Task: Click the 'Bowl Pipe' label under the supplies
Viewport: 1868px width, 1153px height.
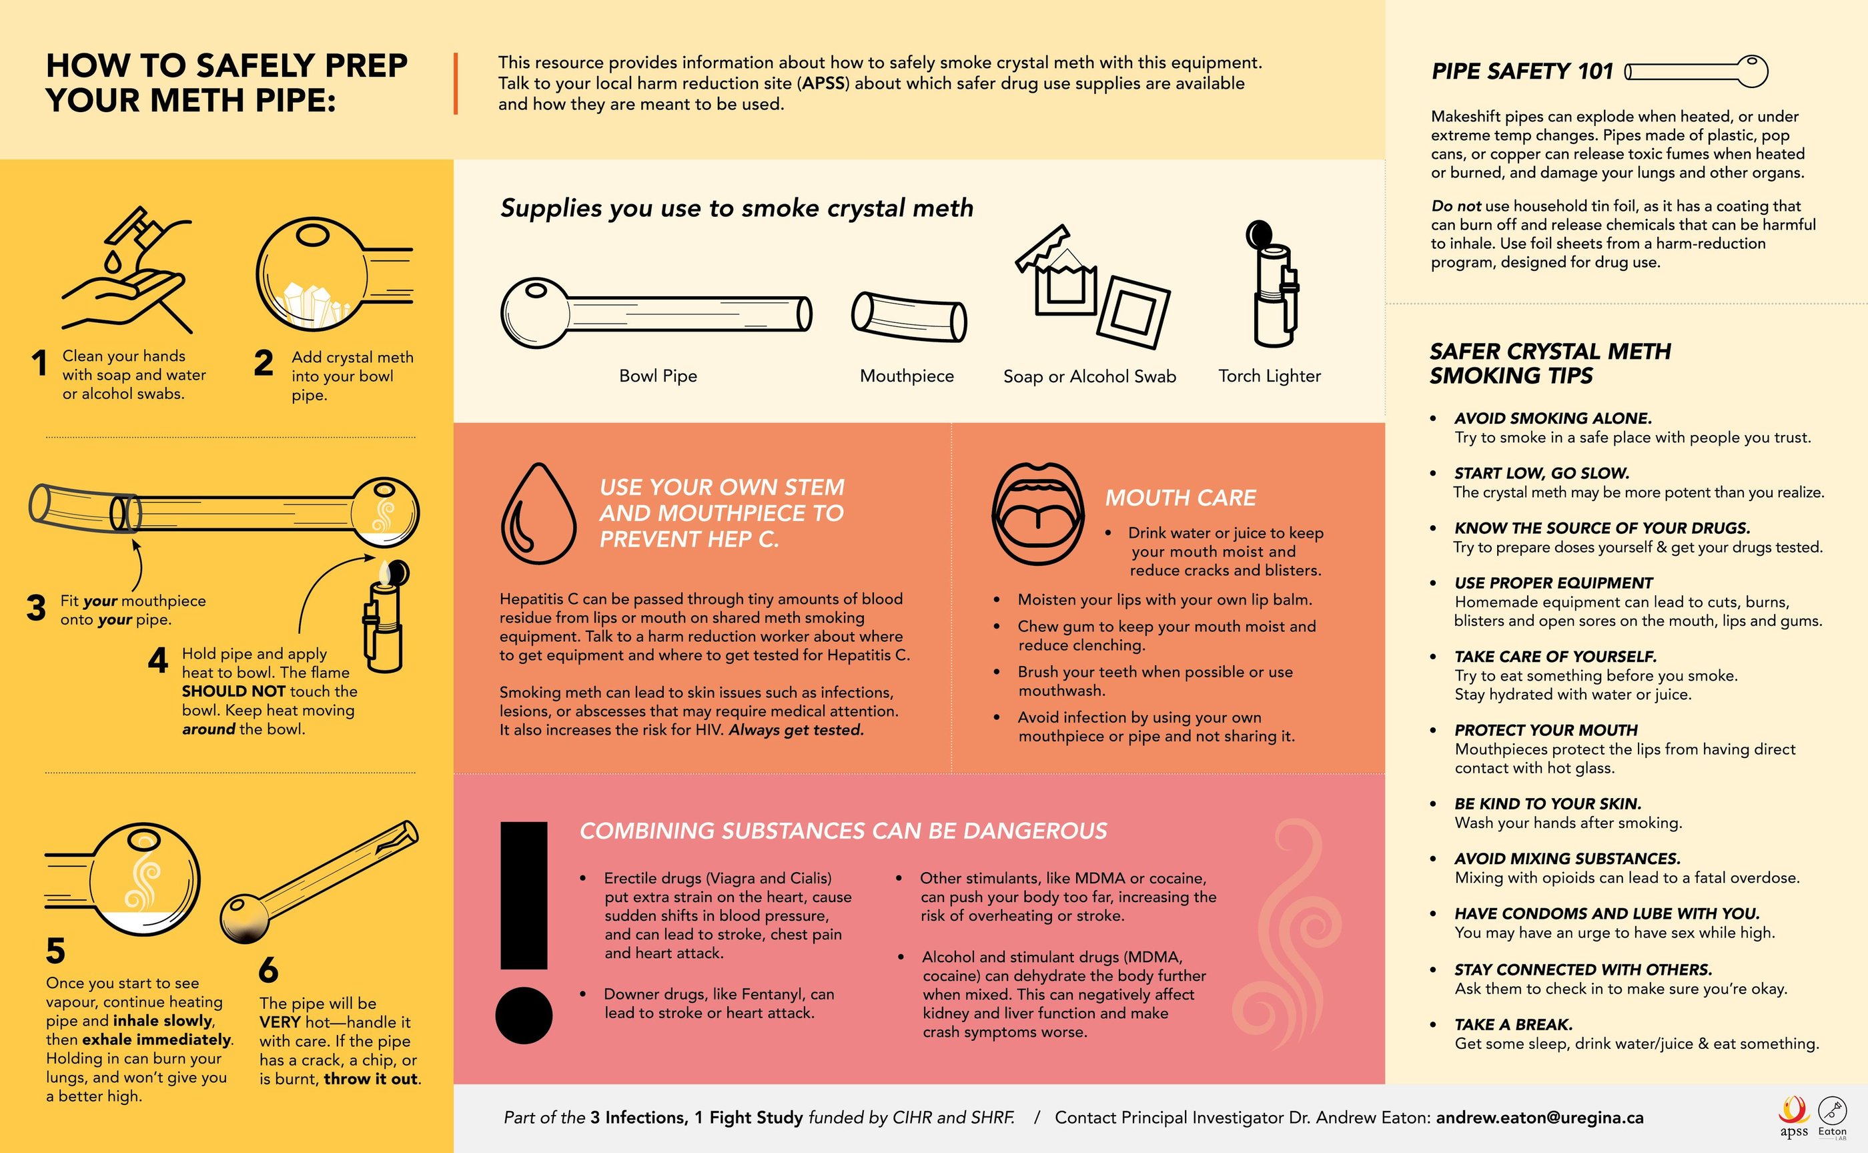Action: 658,376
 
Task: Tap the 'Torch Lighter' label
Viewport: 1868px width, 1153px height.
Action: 1270,376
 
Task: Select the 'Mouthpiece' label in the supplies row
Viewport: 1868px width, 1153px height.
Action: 907,376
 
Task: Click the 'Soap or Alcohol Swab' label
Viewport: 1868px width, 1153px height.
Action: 1089,376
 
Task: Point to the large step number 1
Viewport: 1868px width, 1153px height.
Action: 39,363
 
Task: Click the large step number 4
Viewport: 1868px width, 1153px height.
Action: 158,660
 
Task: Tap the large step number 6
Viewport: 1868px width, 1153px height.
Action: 268,970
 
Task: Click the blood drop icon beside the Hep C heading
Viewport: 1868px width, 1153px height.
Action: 538,513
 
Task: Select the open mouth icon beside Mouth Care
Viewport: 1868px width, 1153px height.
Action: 1037,513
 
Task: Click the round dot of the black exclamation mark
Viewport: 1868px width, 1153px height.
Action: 524,1015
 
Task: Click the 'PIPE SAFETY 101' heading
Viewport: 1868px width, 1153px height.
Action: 1522,71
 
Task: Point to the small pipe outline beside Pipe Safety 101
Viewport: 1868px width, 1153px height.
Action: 1696,71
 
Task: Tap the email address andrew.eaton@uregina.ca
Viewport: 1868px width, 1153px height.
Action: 1539,1117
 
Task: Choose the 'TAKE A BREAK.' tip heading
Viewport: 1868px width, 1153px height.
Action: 1514,1024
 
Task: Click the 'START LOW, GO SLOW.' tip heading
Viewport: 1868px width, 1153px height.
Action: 1542,473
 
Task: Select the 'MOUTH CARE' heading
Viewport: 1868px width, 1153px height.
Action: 1180,498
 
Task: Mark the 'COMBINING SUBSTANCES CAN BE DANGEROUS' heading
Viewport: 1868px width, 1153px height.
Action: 843,831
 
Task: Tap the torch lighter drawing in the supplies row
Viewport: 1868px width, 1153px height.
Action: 1271,284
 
